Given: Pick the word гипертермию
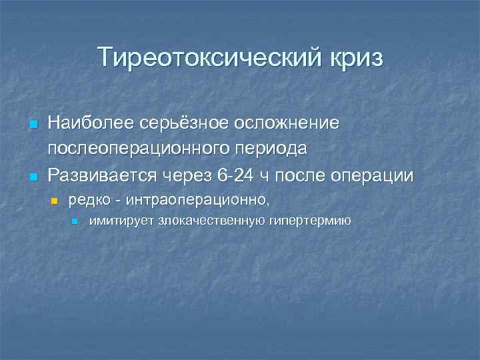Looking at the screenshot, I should pyautogui.click(x=310, y=220).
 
